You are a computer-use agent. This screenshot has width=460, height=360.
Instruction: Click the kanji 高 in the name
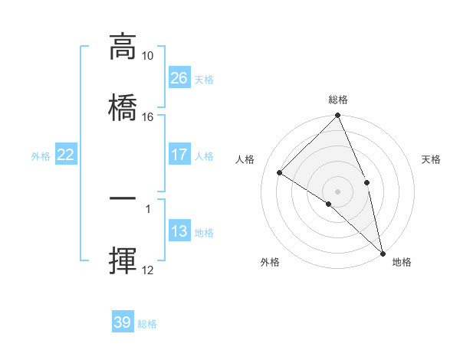(123, 47)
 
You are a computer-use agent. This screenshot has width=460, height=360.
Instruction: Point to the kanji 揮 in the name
(123, 260)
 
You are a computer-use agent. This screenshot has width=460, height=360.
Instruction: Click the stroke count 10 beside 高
(147, 56)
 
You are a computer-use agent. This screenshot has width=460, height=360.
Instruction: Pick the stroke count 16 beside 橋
(147, 116)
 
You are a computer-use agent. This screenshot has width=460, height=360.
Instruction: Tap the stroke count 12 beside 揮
(147, 270)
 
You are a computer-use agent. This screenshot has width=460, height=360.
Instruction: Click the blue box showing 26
(179, 78)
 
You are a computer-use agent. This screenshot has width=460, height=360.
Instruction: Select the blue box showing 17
(179, 155)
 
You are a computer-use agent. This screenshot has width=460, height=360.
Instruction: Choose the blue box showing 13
(179, 231)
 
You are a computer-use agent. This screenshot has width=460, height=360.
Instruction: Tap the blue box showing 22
(66, 155)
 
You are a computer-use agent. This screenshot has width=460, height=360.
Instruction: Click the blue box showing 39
(123, 322)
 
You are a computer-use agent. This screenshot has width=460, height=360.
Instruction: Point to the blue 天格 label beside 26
(203, 80)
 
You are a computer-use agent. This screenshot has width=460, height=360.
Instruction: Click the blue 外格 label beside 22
(41, 156)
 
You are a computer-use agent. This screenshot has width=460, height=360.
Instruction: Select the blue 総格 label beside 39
(147, 324)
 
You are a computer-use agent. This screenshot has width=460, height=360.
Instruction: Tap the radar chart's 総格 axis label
(338, 100)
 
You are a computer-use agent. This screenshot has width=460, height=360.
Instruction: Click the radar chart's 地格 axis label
(402, 262)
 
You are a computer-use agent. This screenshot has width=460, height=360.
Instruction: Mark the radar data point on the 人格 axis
(280, 173)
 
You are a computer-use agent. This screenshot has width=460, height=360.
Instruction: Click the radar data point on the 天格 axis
(366, 182)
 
